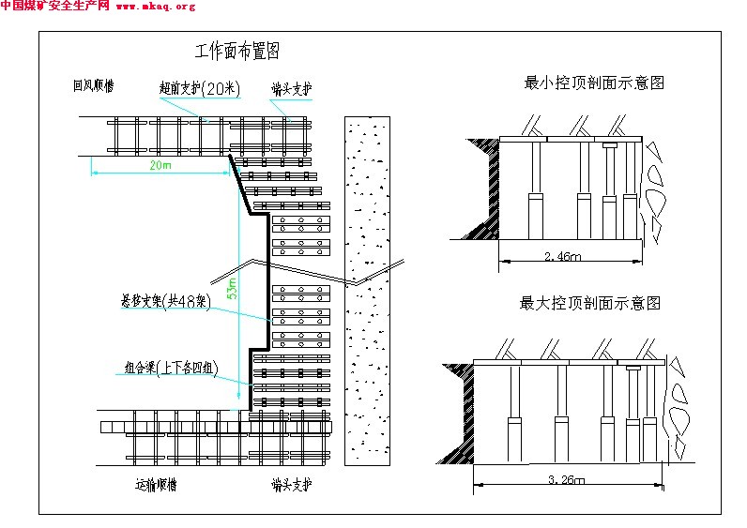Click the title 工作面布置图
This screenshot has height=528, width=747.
pyautogui.click(x=236, y=51)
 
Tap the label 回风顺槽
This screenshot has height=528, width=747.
pyautogui.click(x=95, y=85)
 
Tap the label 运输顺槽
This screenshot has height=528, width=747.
pyautogui.click(x=155, y=486)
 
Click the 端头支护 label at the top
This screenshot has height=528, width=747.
pyautogui.click(x=291, y=89)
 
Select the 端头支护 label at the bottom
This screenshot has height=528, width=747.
pyautogui.click(x=291, y=486)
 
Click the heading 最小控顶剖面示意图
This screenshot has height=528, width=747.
pyautogui.click(x=594, y=83)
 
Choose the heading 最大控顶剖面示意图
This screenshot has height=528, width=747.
pyautogui.click(x=590, y=303)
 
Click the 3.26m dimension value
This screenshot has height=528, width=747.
pyautogui.click(x=566, y=479)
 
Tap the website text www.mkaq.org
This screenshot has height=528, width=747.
pyautogui.click(x=156, y=7)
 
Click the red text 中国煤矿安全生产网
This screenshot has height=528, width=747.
pyautogui.click(x=54, y=7)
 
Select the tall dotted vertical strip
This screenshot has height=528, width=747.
pyautogui.click(x=367, y=291)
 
